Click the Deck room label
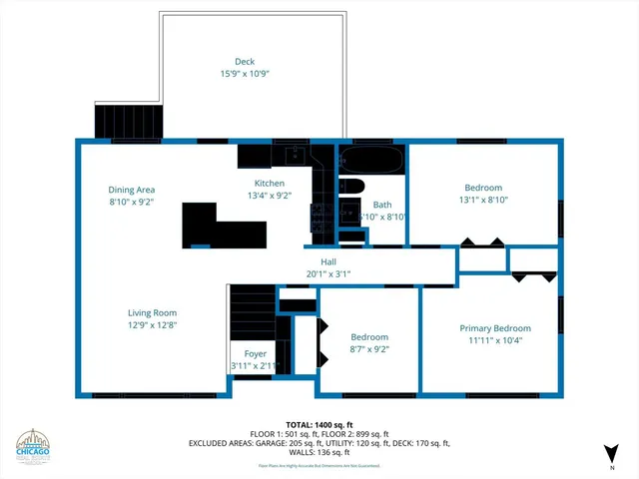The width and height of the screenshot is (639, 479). [245, 62]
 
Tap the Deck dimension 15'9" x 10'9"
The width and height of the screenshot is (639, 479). [245, 74]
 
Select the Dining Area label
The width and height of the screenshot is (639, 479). [132, 190]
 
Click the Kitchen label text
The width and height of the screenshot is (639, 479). [270, 184]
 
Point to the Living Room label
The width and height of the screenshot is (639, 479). [152, 312]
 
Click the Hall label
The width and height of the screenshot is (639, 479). [328, 261]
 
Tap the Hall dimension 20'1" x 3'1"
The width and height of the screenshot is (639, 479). [328, 273]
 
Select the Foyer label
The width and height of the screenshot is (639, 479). [255, 354]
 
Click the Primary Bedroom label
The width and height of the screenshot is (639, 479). [494, 328]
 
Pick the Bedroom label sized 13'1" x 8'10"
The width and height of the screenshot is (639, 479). [482, 188]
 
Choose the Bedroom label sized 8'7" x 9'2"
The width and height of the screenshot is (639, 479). [368, 337]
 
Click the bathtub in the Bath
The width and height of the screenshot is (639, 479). [371, 159]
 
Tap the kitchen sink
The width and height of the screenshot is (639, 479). [295, 156]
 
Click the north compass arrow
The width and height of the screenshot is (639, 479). [611, 454]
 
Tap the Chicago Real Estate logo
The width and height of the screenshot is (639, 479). [35, 447]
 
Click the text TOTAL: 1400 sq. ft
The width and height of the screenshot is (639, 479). [319, 425]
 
